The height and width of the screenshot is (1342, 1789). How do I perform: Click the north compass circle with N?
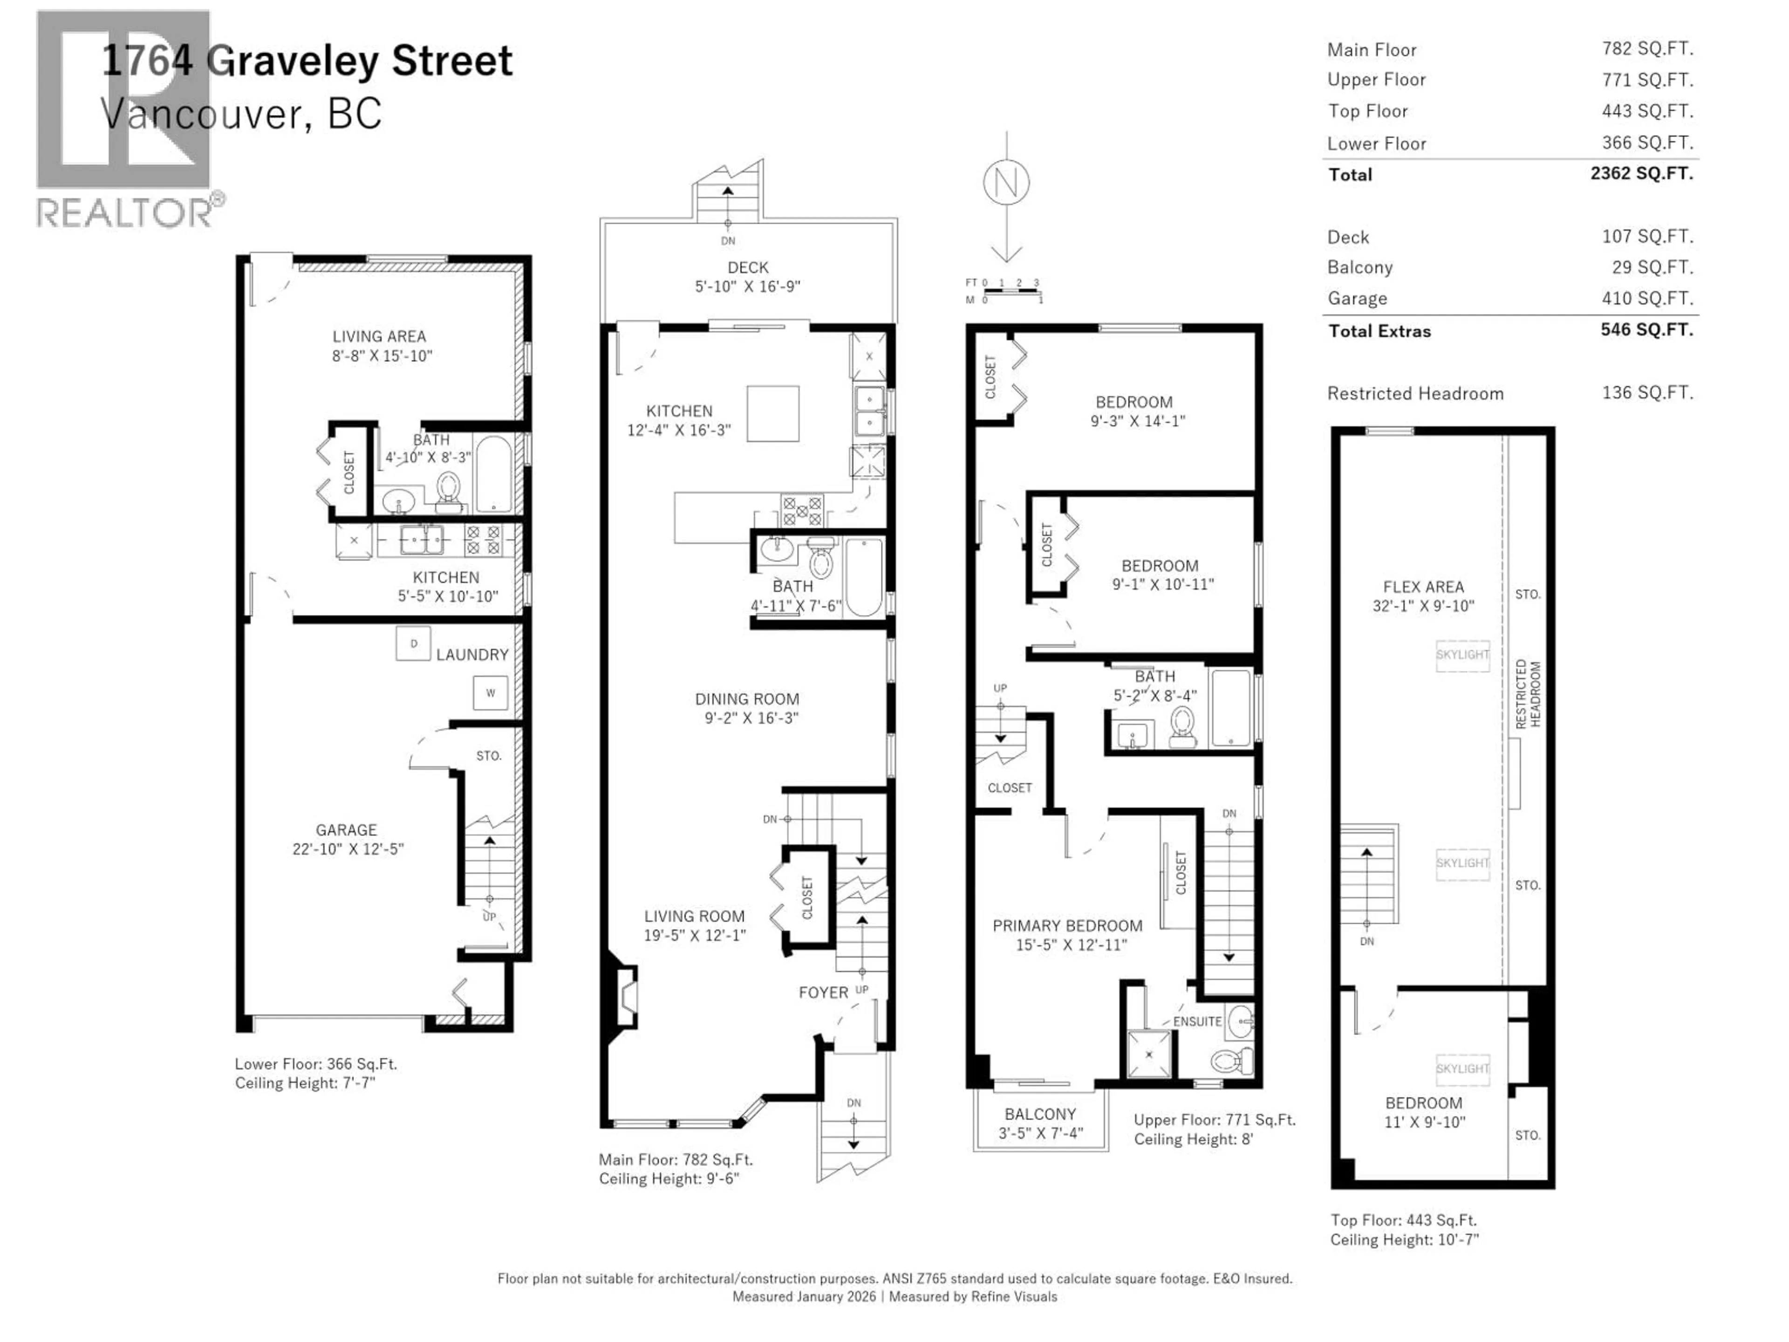coord(1006,183)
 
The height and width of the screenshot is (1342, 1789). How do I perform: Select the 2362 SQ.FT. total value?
coord(1641,173)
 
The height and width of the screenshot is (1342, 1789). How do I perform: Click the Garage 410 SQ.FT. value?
coord(1646,298)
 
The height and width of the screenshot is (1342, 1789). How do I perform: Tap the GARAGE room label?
coord(346,830)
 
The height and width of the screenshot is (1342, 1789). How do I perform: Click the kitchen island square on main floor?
coord(772,413)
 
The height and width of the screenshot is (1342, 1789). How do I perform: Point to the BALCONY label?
coord(1040,1114)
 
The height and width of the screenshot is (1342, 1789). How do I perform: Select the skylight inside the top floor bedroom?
coord(1462,1068)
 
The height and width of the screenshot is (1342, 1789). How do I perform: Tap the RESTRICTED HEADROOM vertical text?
coord(1528,694)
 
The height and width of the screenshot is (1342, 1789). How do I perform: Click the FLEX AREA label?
coord(1423,587)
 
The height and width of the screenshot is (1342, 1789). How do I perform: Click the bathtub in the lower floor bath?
coord(493,474)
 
